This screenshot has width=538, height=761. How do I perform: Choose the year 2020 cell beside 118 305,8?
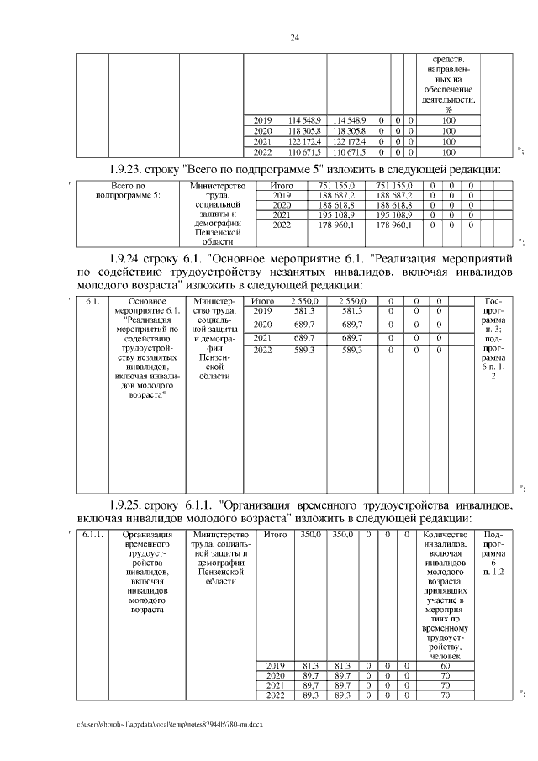coord(262,131)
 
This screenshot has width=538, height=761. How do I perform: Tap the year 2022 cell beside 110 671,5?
coord(262,152)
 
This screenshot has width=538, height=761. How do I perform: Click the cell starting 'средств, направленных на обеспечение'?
coord(448,84)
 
